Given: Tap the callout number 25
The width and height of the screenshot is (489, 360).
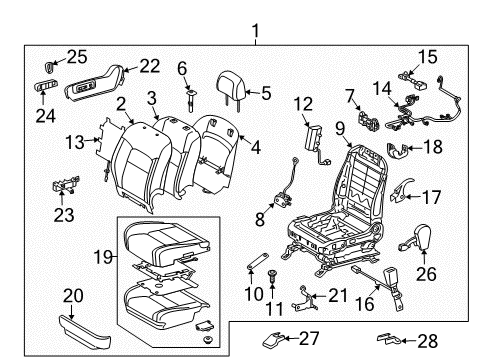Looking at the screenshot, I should click(x=49, y=55).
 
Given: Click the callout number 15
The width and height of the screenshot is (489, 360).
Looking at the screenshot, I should click(x=426, y=56).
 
